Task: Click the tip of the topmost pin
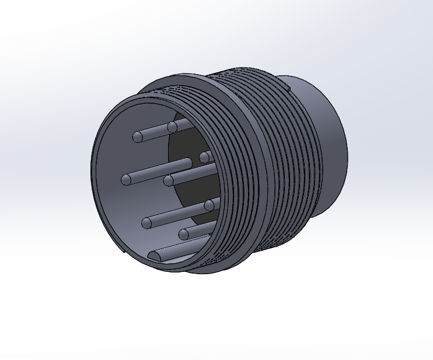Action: (172, 127)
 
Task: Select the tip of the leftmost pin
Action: (127, 179)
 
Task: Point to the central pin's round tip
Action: (169, 180)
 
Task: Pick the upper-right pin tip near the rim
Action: (205, 157)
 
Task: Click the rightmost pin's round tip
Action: (209, 205)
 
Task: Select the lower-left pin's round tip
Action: (147, 222)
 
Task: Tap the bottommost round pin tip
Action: (184, 235)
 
